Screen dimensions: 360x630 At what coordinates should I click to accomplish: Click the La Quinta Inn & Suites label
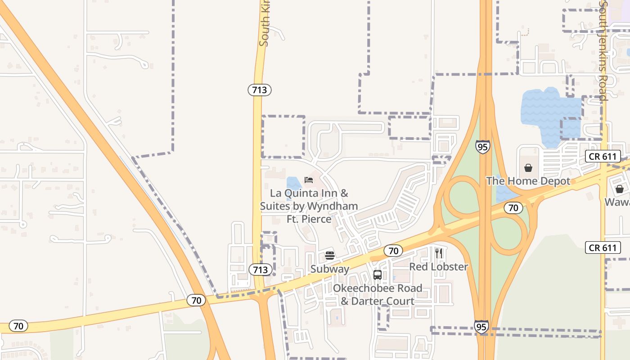(309, 206)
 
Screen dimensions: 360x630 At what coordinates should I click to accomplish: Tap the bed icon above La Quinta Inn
(309, 180)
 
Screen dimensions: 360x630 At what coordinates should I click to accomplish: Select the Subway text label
(330, 269)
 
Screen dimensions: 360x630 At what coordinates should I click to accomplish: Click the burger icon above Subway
(330, 256)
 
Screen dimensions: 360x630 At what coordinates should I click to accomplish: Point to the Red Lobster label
(438, 266)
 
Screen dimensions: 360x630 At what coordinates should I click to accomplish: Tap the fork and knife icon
(439, 253)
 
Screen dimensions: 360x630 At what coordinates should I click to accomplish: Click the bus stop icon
(378, 274)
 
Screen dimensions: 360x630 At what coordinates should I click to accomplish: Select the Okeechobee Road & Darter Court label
(378, 295)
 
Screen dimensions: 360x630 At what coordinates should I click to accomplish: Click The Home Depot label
(528, 181)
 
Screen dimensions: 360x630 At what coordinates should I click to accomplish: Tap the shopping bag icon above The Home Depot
(528, 168)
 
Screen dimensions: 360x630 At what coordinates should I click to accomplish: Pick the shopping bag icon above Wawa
(620, 189)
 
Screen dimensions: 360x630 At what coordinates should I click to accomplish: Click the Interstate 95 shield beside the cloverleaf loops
(482, 147)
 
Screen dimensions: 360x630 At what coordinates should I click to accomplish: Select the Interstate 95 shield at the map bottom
(481, 327)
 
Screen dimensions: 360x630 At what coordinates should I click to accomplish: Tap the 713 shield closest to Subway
(260, 270)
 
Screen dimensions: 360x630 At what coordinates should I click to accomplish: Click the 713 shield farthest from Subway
(260, 90)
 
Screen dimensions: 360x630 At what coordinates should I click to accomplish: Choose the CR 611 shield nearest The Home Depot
(603, 157)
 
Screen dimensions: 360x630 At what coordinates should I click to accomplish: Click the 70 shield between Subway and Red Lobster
(393, 251)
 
